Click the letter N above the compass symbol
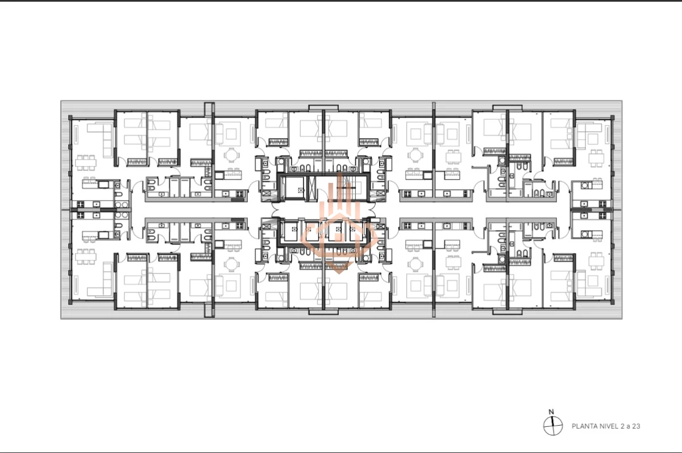click(x=551, y=412)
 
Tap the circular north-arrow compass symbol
click(x=551, y=426)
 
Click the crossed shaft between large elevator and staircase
click(x=313, y=188)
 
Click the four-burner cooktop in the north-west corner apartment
click(x=80, y=204)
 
